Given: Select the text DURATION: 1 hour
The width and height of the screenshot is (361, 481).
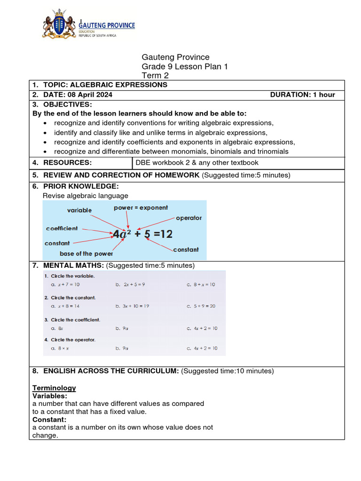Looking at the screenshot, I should pyautogui.click(x=302, y=94).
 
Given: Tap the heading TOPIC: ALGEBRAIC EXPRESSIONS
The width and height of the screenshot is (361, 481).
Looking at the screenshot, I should pyautogui.click(x=105, y=85).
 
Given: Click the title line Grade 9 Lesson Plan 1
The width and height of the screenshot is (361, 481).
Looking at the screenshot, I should pyautogui.click(x=185, y=67).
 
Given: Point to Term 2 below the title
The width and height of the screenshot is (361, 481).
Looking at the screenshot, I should pyautogui.click(x=155, y=76).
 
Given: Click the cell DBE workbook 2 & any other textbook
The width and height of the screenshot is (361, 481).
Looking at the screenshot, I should pyautogui.click(x=196, y=163).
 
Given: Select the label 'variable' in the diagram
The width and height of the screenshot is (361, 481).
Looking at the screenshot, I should pyautogui.click(x=79, y=210).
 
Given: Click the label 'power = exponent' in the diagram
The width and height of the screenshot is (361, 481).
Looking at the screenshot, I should pyautogui.click(x=141, y=208).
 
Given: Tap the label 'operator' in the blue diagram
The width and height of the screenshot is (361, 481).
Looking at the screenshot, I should pyautogui.click(x=188, y=218).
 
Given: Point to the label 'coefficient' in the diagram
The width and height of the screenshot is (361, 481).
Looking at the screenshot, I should pyautogui.click(x=62, y=228).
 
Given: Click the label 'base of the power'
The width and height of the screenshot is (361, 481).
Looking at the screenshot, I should pyautogui.click(x=86, y=254).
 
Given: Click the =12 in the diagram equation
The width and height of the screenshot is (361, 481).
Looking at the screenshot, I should pyautogui.click(x=164, y=234).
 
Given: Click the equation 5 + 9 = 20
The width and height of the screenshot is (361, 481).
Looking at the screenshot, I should pyautogui.click(x=204, y=306).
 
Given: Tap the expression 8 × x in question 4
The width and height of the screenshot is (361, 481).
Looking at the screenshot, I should pyautogui.click(x=63, y=349).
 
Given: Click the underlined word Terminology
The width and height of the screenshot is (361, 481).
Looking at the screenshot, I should pyautogui.click(x=54, y=388).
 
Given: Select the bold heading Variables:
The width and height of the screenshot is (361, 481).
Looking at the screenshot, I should pyautogui.click(x=50, y=396).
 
